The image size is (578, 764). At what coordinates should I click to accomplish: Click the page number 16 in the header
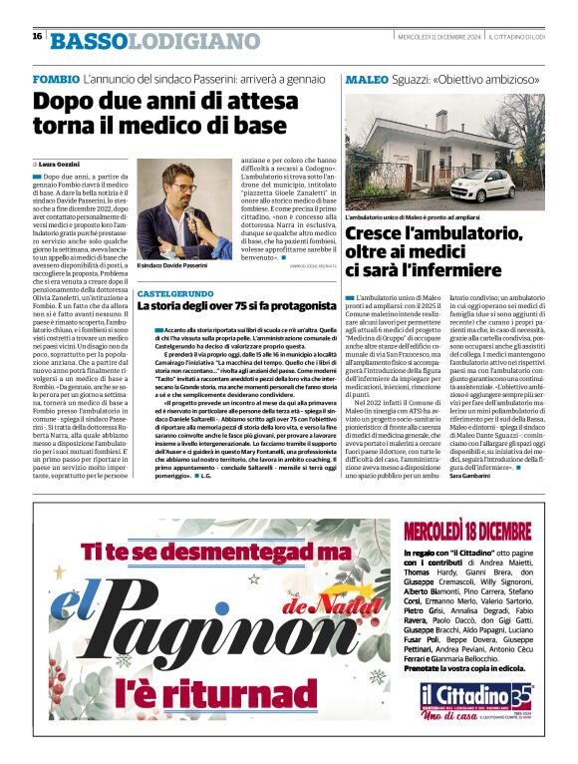click(x=36, y=36)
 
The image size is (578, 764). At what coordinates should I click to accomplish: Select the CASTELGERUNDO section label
click(x=174, y=295)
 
